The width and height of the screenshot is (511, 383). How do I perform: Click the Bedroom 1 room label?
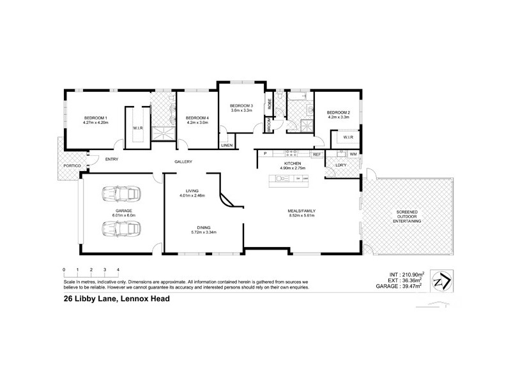pos(97,117)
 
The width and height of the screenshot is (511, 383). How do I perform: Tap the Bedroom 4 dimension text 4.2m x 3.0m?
pos(197,123)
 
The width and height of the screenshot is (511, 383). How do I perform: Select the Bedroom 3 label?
pos(242,105)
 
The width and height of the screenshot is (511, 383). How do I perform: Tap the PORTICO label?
pos(72,165)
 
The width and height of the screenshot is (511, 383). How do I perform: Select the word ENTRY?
pos(112,160)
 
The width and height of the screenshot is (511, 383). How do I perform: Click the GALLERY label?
pos(183,162)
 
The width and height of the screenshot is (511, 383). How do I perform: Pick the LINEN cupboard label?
pos(227,146)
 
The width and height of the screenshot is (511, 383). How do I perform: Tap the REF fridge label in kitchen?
pos(316,154)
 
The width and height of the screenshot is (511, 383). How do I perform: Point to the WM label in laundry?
pos(353,154)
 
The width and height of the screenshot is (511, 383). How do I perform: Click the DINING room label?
pos(204,227)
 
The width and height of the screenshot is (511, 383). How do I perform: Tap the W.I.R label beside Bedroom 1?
pos(137,128)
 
